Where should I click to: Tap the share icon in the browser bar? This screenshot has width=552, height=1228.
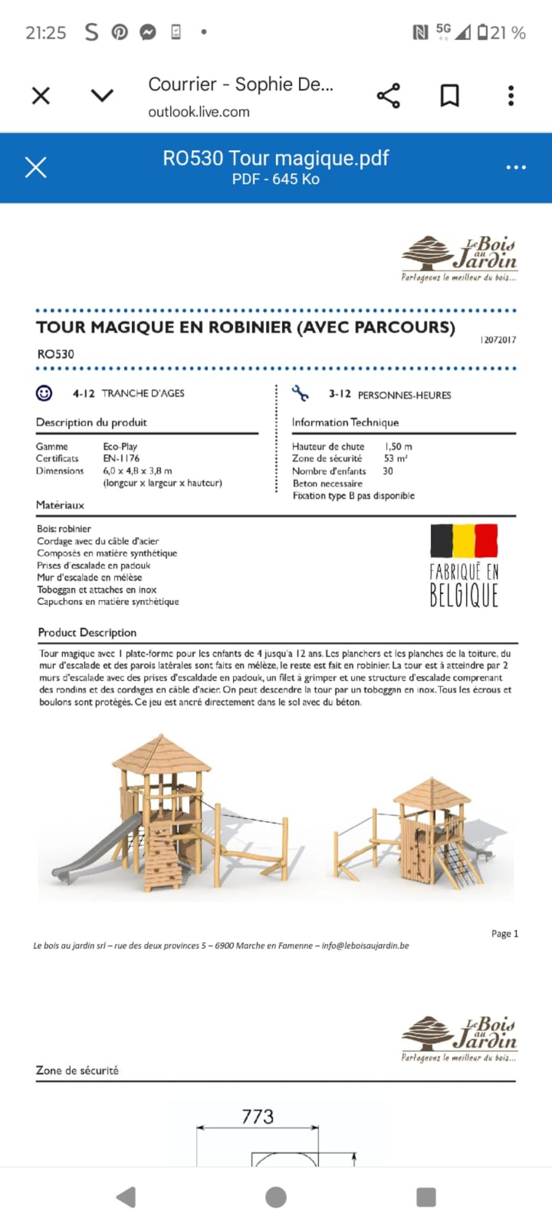click(388, 96)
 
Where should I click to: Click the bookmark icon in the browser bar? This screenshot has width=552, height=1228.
click(449, 96)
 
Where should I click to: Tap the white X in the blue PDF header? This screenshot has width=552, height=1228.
click(36, 168)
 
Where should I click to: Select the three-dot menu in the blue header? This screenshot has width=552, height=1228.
click(516, 168)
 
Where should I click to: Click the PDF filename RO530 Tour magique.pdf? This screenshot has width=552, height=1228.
click(276, 158)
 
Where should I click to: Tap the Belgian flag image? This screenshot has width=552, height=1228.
click(464, 540)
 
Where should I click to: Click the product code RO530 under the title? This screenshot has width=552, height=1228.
click(56, 354)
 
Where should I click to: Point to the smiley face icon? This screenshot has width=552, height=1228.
click(44, 393)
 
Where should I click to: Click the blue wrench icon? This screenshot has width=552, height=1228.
click(300, 393)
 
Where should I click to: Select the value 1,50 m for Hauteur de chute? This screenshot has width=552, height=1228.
click(398, 446)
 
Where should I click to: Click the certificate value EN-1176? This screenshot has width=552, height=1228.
click(121, 458)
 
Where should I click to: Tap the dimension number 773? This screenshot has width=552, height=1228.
click(258, 1117)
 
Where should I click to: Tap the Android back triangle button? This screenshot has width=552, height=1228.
click(127, 1196)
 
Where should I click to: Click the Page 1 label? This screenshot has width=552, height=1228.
click(504, 933)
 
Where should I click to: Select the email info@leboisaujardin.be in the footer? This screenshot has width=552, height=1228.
click(365, 946)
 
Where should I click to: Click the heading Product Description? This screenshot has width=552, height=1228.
click(87, 633)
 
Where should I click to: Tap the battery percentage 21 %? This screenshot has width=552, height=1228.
click(508, 33)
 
